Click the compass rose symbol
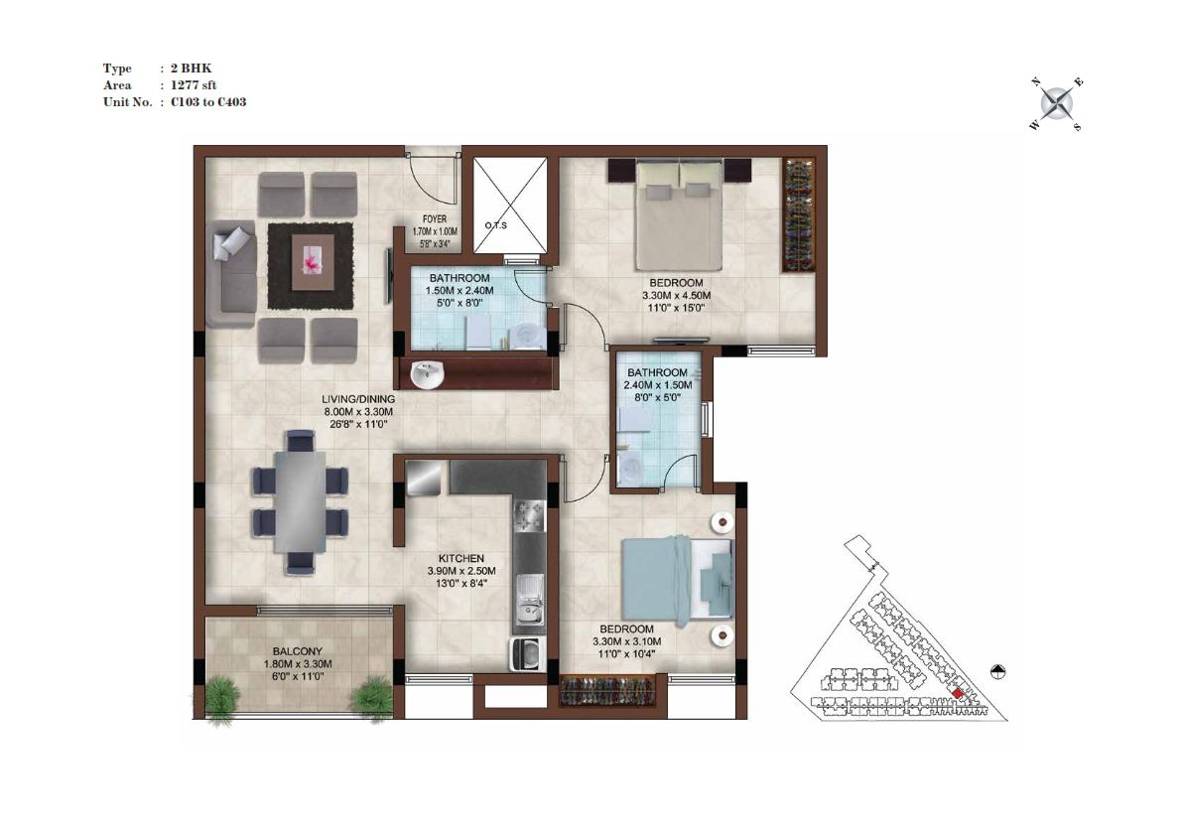(x=1057, y=103)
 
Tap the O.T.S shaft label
(x=495, y=225)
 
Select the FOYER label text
(x=435, y=219)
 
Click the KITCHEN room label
(x=461, y=559)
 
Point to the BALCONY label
(x=298, y=651)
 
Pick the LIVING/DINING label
(x=358, y=399)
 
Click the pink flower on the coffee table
(x=313, y=261)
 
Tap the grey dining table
(x=300, y=501)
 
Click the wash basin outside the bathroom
(x=428, y=373)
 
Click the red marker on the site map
(x=958, y=693)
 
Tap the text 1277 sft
(x=194, y=85)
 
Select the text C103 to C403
(x=208, y=101)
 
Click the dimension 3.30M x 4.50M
(x=676, y=296)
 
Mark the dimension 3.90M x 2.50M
(x=461, y=571)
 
